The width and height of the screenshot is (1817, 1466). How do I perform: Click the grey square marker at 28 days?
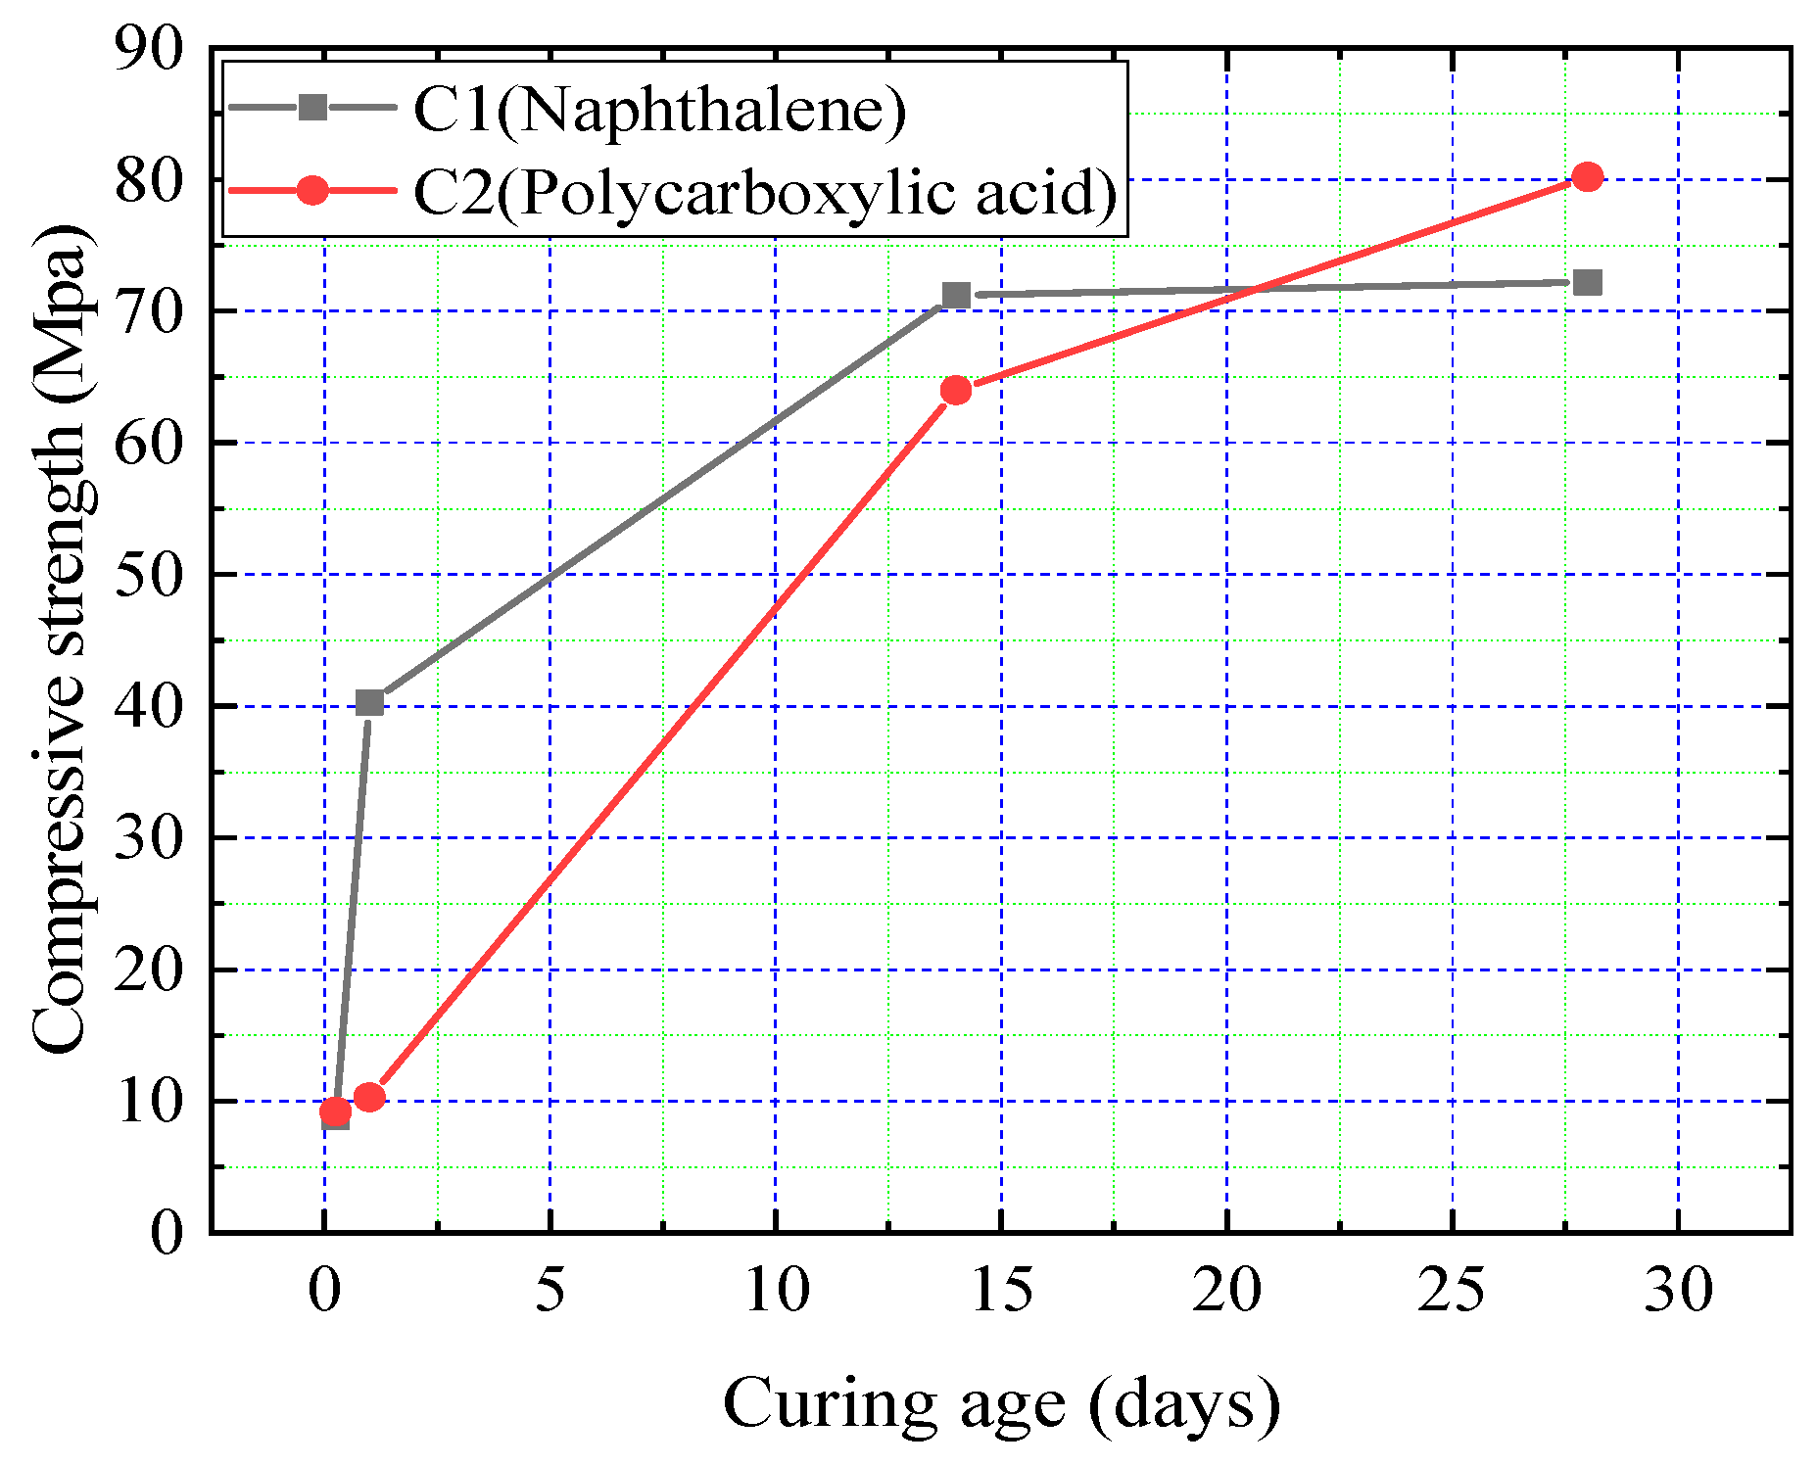(1587, 283)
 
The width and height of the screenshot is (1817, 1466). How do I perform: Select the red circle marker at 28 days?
(1587, 177)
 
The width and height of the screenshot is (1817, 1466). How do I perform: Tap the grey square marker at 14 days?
(955, 295)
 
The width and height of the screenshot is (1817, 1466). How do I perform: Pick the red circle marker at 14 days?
(955, 390)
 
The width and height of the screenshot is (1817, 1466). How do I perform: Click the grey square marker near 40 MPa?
(369, 702)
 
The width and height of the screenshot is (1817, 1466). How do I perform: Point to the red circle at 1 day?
(369, 1097)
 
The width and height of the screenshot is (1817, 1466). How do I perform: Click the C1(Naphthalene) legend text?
(659, 109)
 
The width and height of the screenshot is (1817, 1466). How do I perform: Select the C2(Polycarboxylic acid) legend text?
(764, 192)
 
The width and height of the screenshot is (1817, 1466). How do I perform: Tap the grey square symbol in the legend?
(312, 107)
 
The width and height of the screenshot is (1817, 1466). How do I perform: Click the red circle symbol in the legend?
(312, 190)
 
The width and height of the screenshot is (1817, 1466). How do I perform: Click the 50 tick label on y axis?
(149, 575)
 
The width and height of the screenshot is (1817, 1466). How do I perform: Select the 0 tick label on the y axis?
(167, 1232)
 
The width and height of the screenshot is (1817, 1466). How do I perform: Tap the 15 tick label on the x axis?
(1001, 1290)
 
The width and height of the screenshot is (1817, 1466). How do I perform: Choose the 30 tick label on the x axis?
(1678, 1290)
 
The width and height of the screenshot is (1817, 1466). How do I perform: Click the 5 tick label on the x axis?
(550, 1290)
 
